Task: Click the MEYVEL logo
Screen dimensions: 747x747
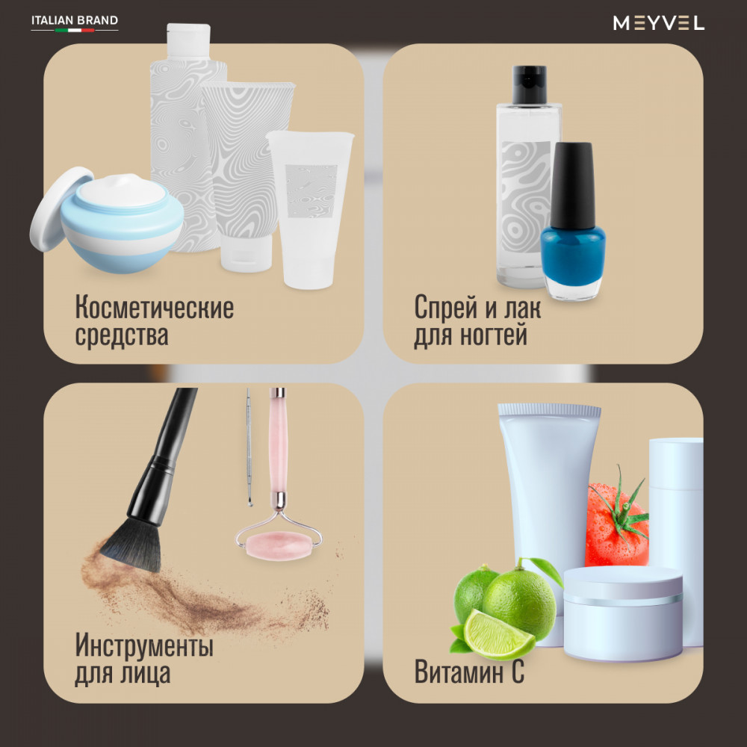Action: [658, 22]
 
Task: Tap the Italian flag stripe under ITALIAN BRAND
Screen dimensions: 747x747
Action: [75, 30]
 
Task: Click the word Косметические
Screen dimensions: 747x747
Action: [155, 308]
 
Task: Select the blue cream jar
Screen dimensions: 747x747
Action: [122, 223]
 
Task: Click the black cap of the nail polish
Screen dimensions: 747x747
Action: [573, 185]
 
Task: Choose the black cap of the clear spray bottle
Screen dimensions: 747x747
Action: [529, 84]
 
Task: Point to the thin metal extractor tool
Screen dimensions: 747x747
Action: [249, 447]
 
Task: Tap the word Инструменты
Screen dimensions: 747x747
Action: [144, 645]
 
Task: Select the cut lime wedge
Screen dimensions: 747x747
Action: [498, 635]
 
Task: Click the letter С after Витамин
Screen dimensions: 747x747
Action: [517, 672]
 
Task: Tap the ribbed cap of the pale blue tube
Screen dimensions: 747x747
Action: [549, 409]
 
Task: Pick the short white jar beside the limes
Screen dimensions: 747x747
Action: [623, 613]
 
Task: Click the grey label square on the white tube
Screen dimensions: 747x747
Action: [311, 191]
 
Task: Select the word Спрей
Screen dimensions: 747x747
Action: [446, 309]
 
